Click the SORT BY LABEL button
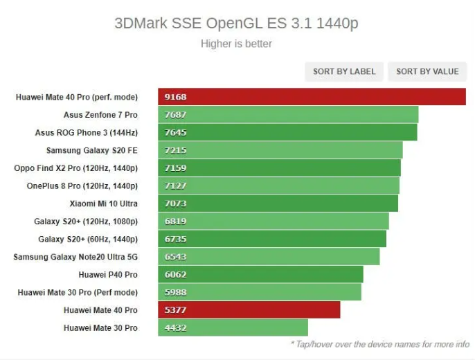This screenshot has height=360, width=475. click(344, 71)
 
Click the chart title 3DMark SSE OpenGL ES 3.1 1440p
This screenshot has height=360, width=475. click(236, 24)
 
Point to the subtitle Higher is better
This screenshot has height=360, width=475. click(236, 44)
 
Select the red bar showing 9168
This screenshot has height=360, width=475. click(312, 97)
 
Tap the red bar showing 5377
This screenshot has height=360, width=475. click(249, 309)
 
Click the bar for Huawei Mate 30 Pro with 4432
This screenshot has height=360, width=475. click(233, 327)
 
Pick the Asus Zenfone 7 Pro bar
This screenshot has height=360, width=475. click(288, 114)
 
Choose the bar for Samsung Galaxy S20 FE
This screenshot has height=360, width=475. click(280, 150)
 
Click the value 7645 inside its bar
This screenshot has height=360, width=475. click(176, 132)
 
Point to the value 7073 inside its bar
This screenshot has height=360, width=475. click(176, 204)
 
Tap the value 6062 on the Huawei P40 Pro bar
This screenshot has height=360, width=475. click(176, 274)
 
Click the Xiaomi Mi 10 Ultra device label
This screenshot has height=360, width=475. click(103, 204)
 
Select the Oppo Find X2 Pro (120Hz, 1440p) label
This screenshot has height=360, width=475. click(76, 168)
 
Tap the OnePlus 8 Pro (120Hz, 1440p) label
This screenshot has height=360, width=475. click(82, 186)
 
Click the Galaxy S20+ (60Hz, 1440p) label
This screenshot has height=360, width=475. click(88, 239)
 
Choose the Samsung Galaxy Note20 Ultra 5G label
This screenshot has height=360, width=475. click(75, 257)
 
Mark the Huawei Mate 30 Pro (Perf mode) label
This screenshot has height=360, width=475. click(78, 292)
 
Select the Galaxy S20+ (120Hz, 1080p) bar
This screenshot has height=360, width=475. click(274, 221)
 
